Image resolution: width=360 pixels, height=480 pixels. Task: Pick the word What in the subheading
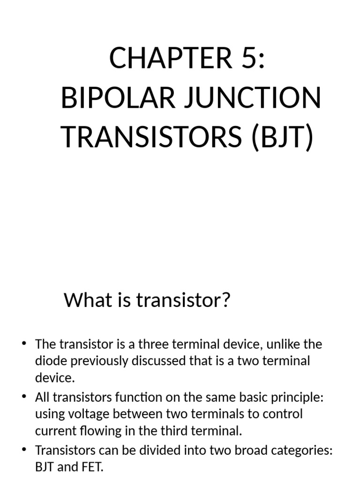click(83, 300)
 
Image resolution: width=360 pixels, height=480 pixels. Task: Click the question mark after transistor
click(226, 300)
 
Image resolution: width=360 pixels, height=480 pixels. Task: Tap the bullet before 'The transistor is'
click(24, 345)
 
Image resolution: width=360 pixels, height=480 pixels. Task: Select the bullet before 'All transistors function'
click(24, 397)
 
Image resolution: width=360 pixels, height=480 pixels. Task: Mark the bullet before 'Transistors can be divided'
click(24, 450)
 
